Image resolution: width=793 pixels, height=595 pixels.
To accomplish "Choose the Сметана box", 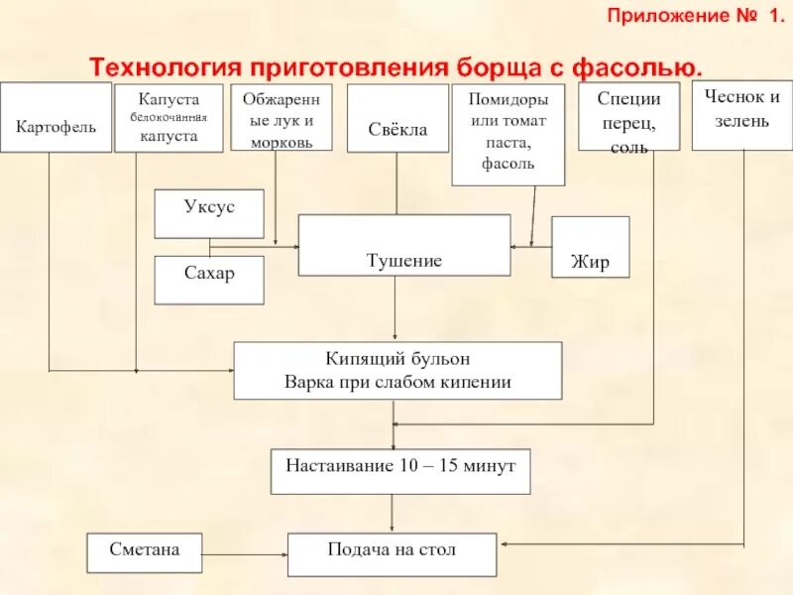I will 145,552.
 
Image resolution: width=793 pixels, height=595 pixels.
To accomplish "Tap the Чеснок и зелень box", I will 741,109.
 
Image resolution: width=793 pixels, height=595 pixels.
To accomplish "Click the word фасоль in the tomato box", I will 509,164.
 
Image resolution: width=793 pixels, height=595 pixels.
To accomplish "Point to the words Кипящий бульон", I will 397,358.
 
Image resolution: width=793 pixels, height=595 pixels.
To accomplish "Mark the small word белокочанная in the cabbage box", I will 169,118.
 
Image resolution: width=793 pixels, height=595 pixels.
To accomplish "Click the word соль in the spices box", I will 629,148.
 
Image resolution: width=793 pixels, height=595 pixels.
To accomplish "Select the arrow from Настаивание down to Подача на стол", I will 394,514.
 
